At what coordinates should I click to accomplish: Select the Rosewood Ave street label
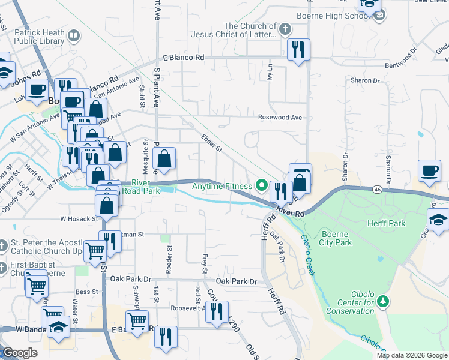[280, 118]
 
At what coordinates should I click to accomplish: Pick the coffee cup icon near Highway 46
[429, 170]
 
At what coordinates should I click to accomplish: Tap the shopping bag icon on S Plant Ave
[164, 158]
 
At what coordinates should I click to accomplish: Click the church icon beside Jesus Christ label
[285, 28]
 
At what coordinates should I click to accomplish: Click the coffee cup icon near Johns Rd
[37, 90]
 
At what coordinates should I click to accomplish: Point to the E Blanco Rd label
[184, 58]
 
